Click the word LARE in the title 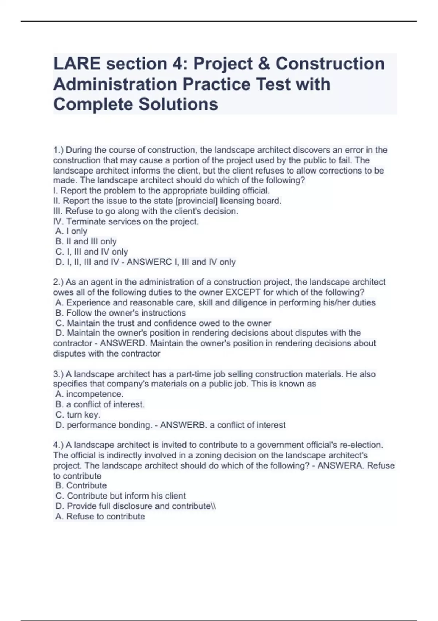click(x=77, y=64)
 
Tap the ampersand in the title click(x=262, y=64)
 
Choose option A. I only click(x=71, y=231)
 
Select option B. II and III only click(x=86, y=241)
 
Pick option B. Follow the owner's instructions click(x=120, y=313)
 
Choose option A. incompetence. click(x=89, y=395)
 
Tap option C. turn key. click(x=78, y=415)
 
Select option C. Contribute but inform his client click(x=120, y=496)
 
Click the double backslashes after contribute click(x=214, y=506)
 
